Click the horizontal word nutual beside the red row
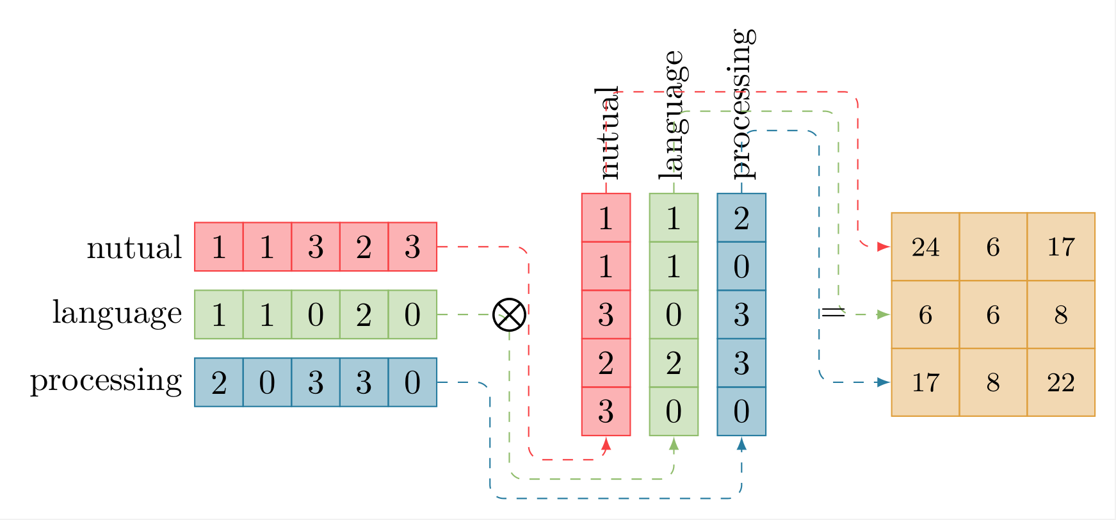[134, 247]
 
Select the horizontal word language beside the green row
[117, 314]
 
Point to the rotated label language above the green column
[674, 115]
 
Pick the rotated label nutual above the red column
[606, 133]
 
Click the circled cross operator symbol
[509, 314]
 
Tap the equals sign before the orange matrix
[833, 313]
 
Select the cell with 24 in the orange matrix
[925, 247]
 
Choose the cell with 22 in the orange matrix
[1061, 382]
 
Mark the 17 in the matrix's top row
[1061, 247]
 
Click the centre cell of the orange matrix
[993, 314]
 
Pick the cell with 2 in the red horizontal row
[364, 247]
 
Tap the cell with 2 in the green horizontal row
[364, 314]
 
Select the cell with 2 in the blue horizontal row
[219, 382]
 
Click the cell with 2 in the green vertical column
[674, 363]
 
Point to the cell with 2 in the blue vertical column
[741, 218]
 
